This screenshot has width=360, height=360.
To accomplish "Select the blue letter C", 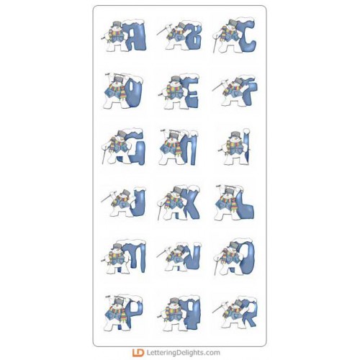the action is [247, 36].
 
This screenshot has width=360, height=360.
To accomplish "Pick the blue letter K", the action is [190, 203].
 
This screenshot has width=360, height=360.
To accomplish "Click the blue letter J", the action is [139, 203].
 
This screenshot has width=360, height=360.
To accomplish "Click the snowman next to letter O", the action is [227, 258].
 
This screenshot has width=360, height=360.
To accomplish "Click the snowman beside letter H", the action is [171, 147].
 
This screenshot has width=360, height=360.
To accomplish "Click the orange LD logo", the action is [138, 353].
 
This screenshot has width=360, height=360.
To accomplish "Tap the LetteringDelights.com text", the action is [183, 353].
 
